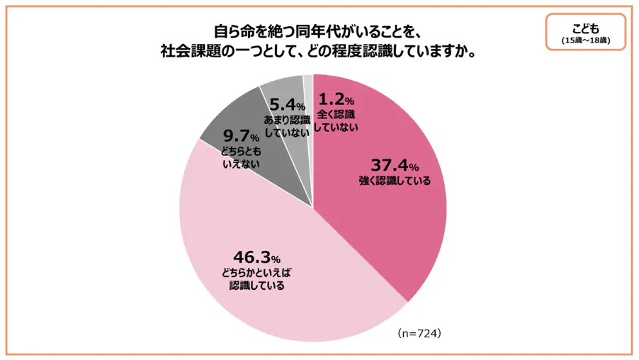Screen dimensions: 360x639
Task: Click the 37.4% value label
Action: (x=395, y=166)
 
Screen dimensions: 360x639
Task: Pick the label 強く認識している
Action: (x=395, y=181)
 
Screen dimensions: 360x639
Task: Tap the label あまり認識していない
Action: (x=288, y=126)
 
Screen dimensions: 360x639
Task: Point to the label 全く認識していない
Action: (x=337, y=120)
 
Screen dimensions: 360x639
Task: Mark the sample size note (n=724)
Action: (x=419, y=332)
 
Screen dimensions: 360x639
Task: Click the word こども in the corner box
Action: (x=585, y=29)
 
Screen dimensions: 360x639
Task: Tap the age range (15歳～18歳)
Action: (x=585, y=40)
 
